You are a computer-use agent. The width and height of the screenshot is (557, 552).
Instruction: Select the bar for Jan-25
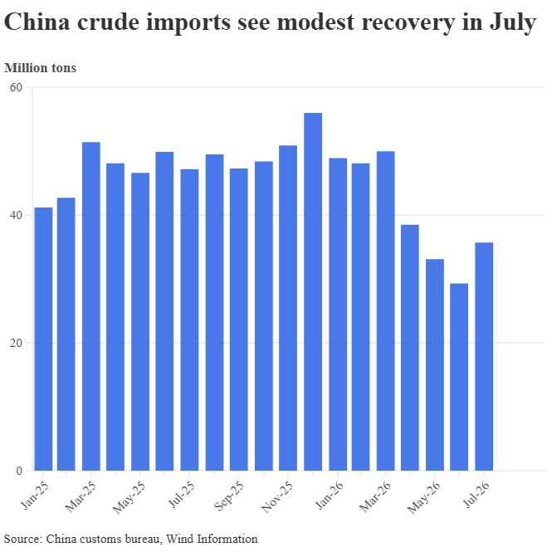43,339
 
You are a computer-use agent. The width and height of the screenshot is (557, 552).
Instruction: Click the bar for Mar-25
91,306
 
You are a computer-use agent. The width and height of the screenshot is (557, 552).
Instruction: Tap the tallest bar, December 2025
313,291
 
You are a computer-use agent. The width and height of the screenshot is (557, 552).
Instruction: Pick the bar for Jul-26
484,357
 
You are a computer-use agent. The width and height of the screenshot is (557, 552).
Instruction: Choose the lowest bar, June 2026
459,377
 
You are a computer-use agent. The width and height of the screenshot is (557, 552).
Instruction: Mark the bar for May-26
435,364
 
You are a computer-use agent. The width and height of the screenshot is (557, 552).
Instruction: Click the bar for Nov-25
288,308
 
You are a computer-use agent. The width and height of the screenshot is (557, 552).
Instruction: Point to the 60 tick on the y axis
17,87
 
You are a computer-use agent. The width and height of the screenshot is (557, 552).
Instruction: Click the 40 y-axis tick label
17,215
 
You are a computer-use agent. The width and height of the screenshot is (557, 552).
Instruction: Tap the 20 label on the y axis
17,343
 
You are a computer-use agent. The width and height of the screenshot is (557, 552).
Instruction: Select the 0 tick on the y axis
19,471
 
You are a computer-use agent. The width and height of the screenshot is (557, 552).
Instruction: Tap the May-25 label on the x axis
129,497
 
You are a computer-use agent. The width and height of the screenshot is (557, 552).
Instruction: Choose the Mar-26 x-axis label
375,496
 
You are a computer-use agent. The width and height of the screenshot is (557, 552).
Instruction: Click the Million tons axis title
40,68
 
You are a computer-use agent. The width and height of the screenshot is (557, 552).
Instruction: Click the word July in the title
513,22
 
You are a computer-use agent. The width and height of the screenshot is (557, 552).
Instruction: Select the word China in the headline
37,22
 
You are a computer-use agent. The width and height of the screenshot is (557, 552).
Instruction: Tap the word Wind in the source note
180,539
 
